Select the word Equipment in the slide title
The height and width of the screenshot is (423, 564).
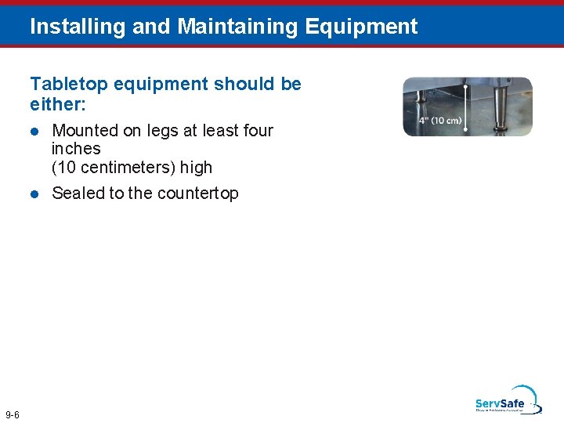coord(361,27)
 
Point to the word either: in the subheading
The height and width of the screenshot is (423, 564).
coord(55,103)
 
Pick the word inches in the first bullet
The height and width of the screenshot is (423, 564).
coord(76,149)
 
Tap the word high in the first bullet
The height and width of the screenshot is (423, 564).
coord(196,168)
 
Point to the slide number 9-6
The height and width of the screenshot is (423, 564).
coord(13,414)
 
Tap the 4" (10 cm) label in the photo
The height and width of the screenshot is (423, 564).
coord(439,121)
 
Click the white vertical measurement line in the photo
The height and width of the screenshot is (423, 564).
coord(468,106)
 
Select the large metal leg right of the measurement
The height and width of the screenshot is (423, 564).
coord(499,110)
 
